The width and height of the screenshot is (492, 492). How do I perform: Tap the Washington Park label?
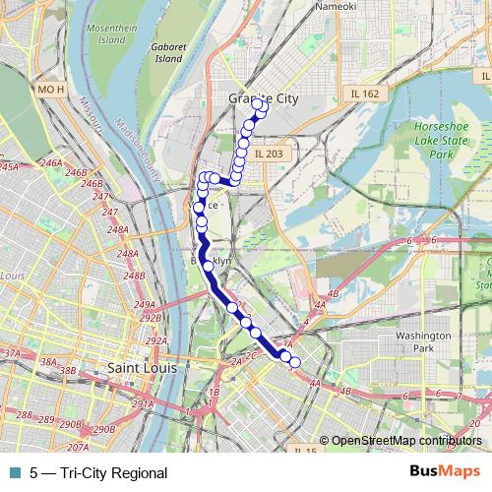[x=423, y=341]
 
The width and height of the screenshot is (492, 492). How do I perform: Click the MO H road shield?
[x=50, y=92]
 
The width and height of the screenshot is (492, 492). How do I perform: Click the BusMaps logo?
[x=447, y=472]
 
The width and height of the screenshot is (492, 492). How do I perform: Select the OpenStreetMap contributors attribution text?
[x=405, y=441]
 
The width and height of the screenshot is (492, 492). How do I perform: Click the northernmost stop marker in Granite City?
[x=258, y=103]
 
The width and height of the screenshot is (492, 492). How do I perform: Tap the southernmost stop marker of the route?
[x=294, y=363]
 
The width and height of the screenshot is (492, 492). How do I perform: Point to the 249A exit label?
[x=145, y=304]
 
